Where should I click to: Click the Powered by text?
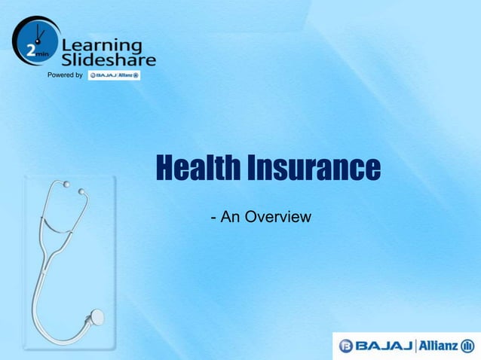[x=65, y=76]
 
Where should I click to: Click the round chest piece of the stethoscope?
[x=97, y=318]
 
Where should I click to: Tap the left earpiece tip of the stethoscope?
[x=67, y=184]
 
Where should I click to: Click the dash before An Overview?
[x=215, y=218]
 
